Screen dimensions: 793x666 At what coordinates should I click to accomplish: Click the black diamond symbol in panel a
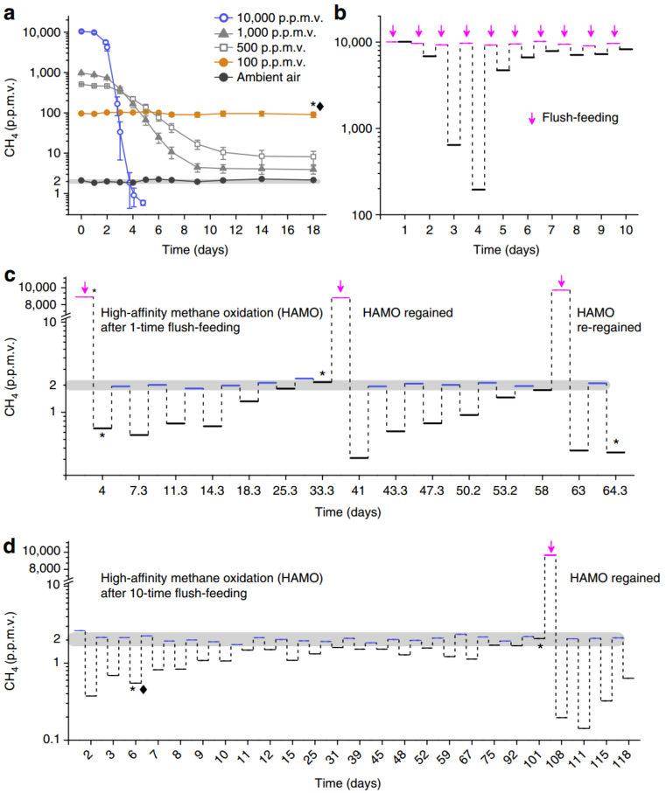(x=320, y=107)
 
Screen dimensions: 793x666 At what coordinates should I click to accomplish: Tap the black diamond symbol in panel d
(x=144, y=689)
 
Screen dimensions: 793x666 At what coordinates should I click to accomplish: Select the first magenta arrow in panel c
(x=83, y=289)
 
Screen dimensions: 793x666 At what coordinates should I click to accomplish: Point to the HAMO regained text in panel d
(x=613, y=578)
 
